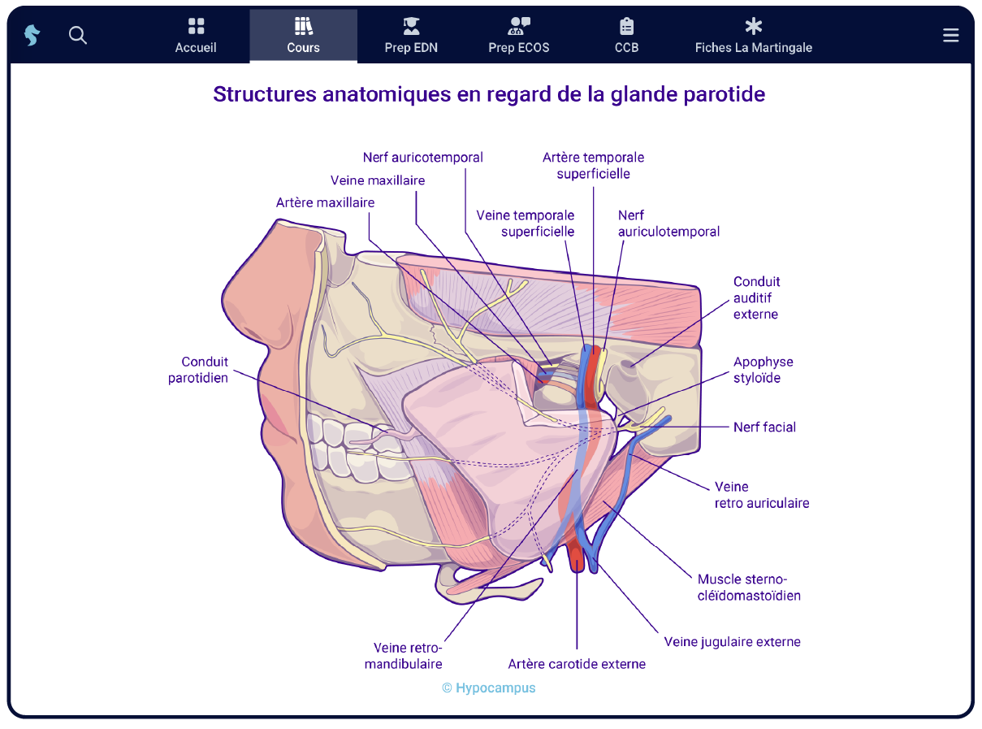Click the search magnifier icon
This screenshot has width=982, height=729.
coord(78,35)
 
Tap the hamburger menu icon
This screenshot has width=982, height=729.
coord(950,35)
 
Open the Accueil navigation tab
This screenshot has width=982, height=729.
coord(196,37)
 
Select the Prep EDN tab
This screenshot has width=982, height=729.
coord(411,37)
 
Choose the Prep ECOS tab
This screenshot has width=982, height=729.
coord(519,37)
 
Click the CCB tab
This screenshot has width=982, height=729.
coord(626,37)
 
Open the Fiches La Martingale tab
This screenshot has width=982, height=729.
coord(753,37)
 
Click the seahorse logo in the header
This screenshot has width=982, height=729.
coord(32,35)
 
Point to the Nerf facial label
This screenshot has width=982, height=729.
coord(764,427)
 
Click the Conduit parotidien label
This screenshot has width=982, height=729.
coord(198,369)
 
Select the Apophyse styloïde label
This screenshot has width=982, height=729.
coord(763,370)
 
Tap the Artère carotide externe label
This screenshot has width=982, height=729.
coord(577,664)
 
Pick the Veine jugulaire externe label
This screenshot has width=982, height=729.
coord(732,642)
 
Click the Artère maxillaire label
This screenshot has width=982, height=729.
coord(325,202)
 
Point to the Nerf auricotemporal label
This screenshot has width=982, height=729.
coord(422,157)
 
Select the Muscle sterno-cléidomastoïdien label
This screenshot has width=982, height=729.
coord(749,587)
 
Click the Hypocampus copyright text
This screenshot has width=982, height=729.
coord(489,688)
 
